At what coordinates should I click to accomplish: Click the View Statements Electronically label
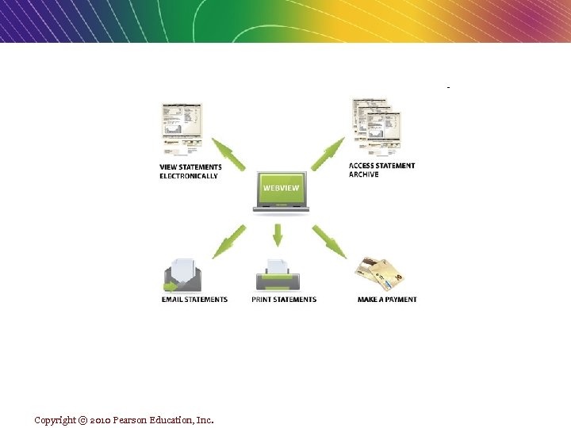point(190,171)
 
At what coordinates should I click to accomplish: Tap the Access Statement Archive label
point(381,170)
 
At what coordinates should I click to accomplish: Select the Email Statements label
point(194,300)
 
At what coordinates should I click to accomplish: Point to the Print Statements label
point(284,300)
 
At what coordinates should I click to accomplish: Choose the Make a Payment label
point(387,300)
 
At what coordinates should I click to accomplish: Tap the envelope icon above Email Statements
point(183,276)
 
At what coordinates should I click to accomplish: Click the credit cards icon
point(381,273)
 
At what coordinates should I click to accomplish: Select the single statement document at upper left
point(182,127)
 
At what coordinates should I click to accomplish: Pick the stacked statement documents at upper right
point(376,125)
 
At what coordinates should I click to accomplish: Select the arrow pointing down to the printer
point(278,235)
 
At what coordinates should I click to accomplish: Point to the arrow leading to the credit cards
point(328,241)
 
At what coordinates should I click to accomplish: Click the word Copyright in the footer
point(55,420)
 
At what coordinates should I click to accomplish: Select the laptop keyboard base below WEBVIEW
point(281,208)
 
